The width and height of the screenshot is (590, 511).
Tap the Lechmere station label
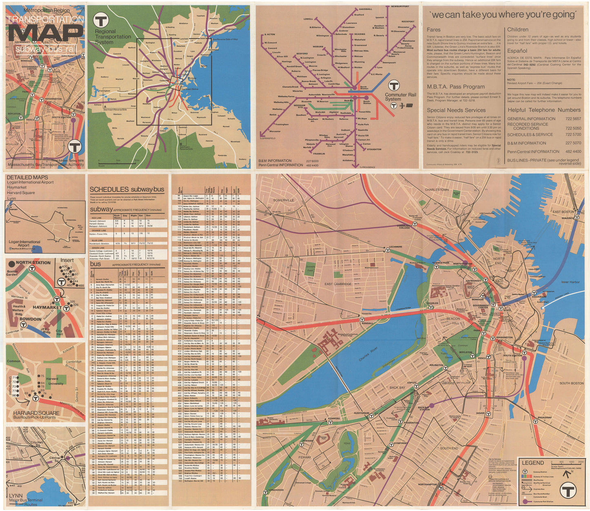395,247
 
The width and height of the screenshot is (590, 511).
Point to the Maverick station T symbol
577,218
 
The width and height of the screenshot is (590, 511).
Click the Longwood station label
276,490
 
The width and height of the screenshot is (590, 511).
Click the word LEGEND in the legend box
533,463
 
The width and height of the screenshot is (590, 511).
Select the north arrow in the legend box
567,474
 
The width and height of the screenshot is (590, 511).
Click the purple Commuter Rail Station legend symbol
525,501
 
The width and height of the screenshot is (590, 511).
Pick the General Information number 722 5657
573,119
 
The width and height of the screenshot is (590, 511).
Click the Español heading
517,51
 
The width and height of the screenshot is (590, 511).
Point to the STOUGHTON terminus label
374,149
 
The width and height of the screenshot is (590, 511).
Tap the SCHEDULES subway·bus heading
127,189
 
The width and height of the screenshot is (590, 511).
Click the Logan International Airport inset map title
24,244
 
